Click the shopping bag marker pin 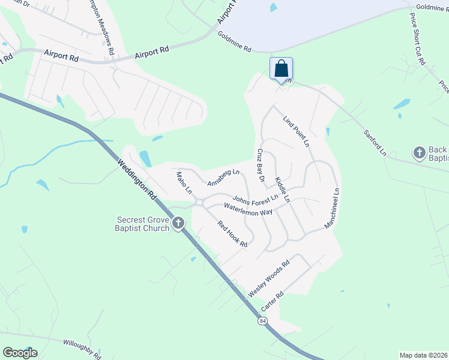pos(281,69)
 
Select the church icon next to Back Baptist pos(420,153)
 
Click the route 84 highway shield pos(263,321)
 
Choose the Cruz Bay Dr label pos(261,165)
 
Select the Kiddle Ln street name pos(282,189)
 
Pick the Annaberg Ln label pos(223,178)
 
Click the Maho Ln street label pos(184,183)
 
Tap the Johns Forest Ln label pos(255,199)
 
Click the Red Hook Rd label pos(233,234)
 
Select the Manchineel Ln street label pos(331,209)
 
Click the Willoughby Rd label pos(82,346)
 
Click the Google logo pos(20,352)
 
